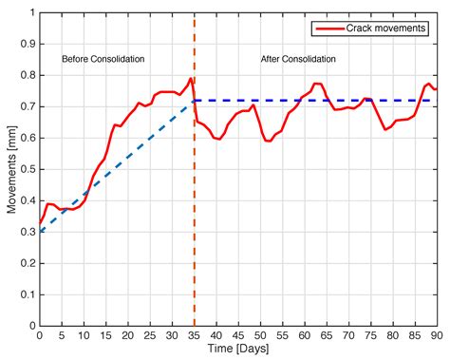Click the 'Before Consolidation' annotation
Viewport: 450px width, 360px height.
pyautogui.click(x=103, y=59)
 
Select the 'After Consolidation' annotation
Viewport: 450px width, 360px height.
pyautogui.click(x=298, y=59)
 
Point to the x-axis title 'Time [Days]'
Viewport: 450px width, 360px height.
pyautogui.click(x=237, y=350)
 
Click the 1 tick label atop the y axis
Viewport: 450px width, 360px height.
pyautogui.click(x=29, y=13)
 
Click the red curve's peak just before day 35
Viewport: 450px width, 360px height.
pyautogui.click(x=191, y=78)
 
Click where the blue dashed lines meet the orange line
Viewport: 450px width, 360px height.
pyautogui.click(x=194, y=100)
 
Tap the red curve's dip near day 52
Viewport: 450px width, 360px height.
pyautogui.click(x=269, y=141)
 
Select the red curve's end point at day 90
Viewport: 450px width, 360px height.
pyautogui.click(x=436, y=89)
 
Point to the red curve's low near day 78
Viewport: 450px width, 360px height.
pyautogui.click(x=384, y=128)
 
